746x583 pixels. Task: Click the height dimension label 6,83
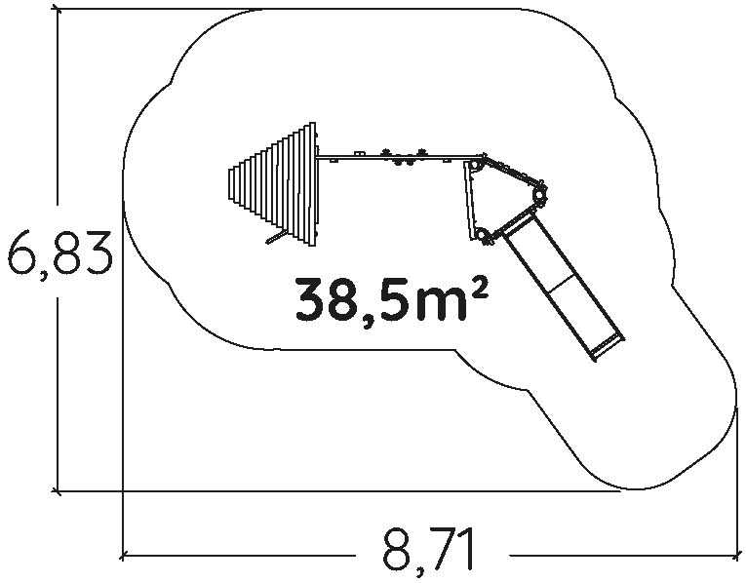coord(59,253)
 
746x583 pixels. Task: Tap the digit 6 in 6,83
coord(23,253)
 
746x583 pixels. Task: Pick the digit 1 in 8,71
coord(467,548)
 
